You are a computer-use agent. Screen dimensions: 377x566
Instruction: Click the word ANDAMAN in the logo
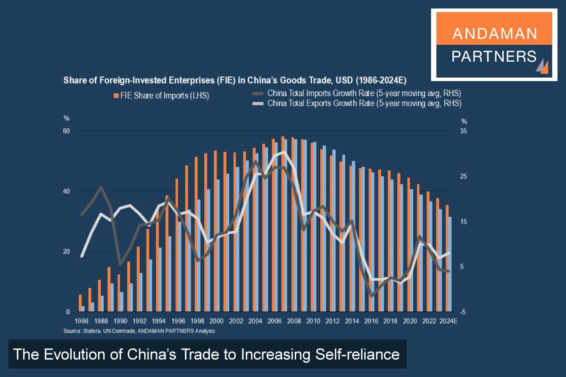(494, 33)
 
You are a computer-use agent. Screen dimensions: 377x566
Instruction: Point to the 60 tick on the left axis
(67, 131)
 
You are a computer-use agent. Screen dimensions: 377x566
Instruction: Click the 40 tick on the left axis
(67, 191)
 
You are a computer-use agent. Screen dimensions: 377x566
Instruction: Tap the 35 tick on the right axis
(465, 131)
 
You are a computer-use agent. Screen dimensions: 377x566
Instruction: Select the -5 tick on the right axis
(464, 312)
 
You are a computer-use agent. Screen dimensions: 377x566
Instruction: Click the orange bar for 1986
(80, 303)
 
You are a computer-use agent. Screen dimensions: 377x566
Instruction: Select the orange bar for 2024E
(447, 258)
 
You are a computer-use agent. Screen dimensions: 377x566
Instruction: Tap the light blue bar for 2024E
(450, 264)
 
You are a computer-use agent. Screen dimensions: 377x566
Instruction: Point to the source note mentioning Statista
(139, 331)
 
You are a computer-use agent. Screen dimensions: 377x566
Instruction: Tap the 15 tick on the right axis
(465, 221)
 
